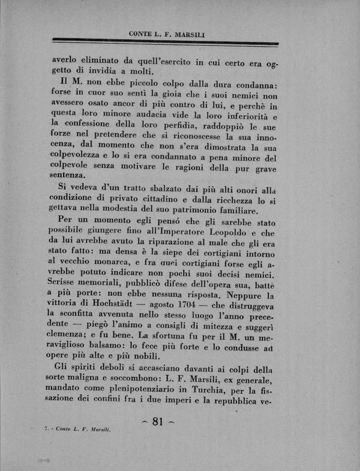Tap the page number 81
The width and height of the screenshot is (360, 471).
click(158, 421)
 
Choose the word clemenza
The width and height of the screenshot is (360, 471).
click(70, 335)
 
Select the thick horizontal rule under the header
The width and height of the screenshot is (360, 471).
click(165, 43)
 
